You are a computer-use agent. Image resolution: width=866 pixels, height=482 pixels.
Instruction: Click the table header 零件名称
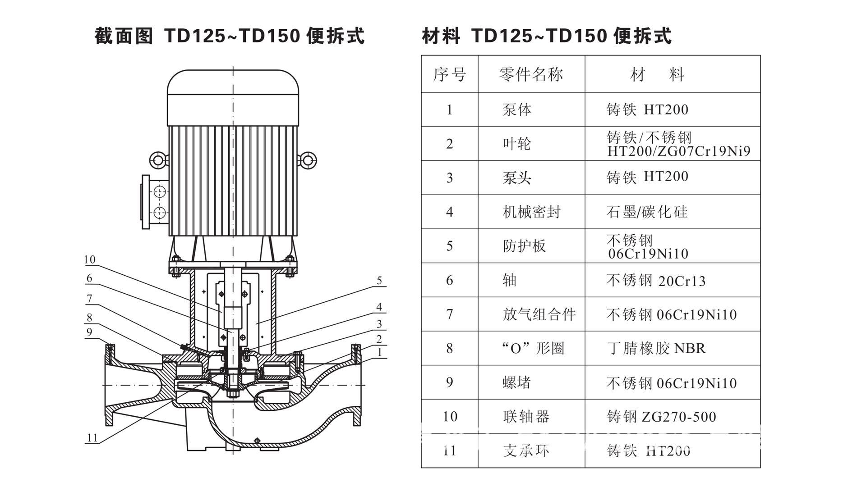pyautogui.click(x=531, y=74)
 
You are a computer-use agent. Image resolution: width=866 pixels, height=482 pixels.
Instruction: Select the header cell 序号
pyautogui.click(x=449, y=74)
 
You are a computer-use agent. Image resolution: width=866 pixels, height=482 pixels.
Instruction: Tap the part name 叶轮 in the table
pyautogui.click(x=517, y=144)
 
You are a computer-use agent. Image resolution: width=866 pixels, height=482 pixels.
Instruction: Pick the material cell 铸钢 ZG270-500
pyautogui.click(x=661, y=417)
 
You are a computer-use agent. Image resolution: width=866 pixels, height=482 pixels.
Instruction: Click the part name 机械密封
pyautogui.click(x=531, y=212)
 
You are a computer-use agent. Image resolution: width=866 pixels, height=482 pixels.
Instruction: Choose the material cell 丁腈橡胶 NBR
pyautogui.click(x=656, y=348)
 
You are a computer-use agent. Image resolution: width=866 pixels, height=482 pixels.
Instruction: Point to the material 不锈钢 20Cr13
pyautogui.click(x=656, y=281)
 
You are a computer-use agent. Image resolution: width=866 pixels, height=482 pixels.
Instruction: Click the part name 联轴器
pyautogui.click(x=526, y=417)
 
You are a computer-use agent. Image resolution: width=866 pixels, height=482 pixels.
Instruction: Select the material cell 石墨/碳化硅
pyautogui.click(x=647, y=212)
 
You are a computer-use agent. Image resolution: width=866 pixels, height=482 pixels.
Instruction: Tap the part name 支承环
pyautogui.click(x=526, y=450)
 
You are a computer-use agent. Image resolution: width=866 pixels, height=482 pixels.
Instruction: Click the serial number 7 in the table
pyautogui.click(x=449, y=314)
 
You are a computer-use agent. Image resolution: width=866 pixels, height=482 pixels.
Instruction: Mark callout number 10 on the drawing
pyautogui.click(x=90, y=259)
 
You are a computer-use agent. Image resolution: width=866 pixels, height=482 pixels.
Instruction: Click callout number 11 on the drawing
pyautogui.click(x=92, y=438)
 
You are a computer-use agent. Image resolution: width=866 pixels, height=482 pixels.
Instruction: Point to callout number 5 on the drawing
pyautogui.click(x=379, y=281)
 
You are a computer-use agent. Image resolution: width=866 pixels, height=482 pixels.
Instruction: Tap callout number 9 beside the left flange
pyautogui.click(x=89, y=332)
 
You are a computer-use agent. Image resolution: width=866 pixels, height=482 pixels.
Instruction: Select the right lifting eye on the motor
pyautogui.click(x=307, y=160)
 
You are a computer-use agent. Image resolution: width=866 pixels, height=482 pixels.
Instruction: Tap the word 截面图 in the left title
pyautogui.click(x=124, y=36)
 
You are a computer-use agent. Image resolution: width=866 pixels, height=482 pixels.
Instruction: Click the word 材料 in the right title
pyautogui.click(x=441, y=36)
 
